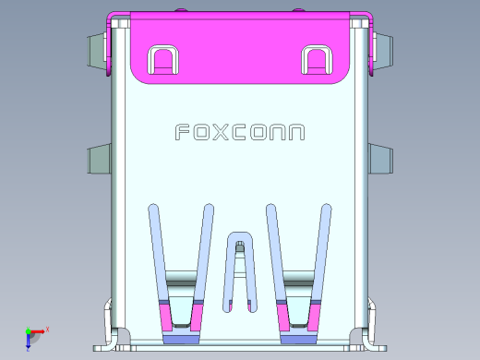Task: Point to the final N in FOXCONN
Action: tap(294, 133)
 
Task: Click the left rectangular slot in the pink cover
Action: tap(162, 60)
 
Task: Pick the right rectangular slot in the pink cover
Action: tap(316, 60)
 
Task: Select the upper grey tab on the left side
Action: tap(98, 51)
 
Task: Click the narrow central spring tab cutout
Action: tap(240, 268)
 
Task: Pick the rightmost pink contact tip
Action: tap(314, 319)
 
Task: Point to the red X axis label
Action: tap(47, 329)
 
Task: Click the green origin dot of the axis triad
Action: tap(28, 331)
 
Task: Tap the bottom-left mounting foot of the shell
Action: tap(107, 343)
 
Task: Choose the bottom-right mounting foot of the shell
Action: tap(372, 343)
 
